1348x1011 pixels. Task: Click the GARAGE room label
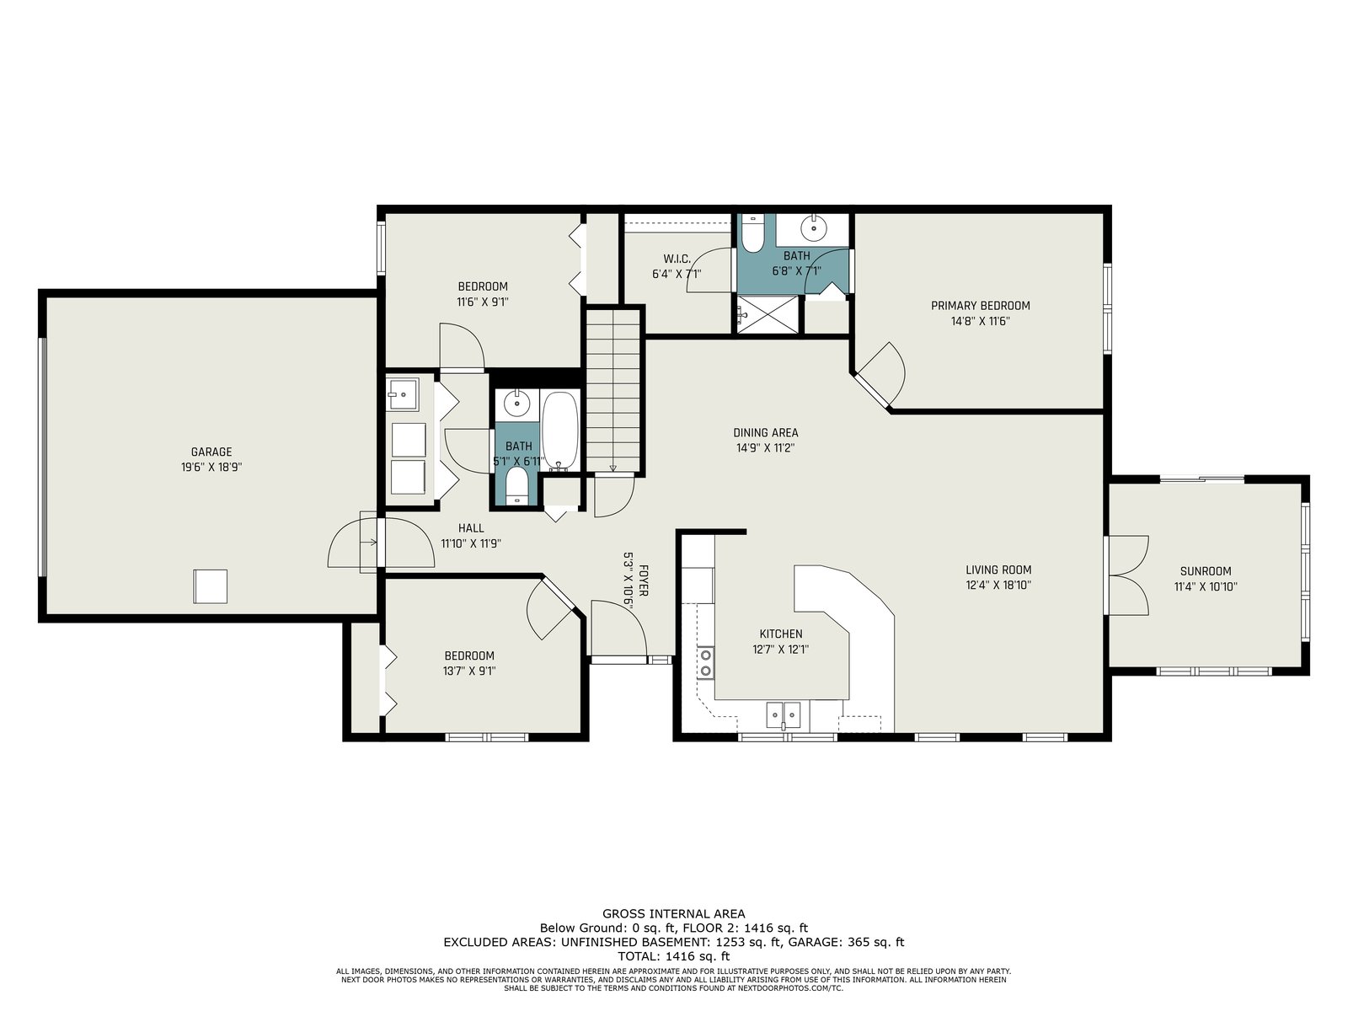point(211,452)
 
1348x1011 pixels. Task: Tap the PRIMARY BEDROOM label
point(980,306)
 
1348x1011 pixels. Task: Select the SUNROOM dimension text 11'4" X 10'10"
point(1206,586)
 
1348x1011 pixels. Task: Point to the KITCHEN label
point(780,634)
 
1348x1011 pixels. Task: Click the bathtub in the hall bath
point(559,431)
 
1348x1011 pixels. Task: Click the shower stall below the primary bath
point(768,315)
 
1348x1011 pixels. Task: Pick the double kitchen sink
point(783,714)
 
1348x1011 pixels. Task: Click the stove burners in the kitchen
point(706,662)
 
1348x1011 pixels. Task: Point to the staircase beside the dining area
point(613,391)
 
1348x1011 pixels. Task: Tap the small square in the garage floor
point(210,586)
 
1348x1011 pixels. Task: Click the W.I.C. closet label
point(677,259)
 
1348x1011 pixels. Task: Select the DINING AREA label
point(765,433)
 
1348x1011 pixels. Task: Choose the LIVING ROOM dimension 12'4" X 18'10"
point(998,586)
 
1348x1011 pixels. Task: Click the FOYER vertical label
point(643,580)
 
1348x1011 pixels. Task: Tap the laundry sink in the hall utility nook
point(402,394)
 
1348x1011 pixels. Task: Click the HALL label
point(471,528)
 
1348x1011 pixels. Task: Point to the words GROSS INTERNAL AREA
point(674,914)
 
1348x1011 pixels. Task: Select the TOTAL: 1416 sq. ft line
point(674,956)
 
